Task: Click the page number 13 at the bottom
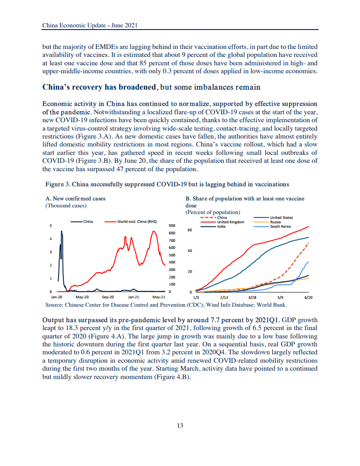[180, 425]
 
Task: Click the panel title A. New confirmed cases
[75, 199]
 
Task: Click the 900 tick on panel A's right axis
[173, 226]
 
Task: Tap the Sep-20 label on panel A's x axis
[108, 298]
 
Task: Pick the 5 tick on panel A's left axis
[50, 225]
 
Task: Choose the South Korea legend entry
[280, 226]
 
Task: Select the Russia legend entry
[275, 222]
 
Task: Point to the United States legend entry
[281, 217]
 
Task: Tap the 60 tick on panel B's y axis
[190, 230]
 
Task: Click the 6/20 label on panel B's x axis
[308, 298]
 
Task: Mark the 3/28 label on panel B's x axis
[252, 298]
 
